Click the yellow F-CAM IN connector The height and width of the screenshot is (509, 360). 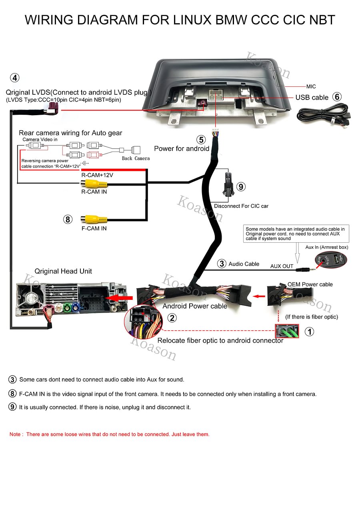tap(94, 219)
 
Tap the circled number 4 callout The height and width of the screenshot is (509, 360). tap(15, 78)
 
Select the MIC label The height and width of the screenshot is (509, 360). tap(311, 87)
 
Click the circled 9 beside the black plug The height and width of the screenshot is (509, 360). tap(241, 187)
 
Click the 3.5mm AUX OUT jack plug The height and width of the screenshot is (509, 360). tap(306, 270)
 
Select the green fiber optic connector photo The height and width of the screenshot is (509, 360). tap(287, 331)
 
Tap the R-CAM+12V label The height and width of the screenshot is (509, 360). tap(97, 175)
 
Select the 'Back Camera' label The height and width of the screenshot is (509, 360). tap(136, 158)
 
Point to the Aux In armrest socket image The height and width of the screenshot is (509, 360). tap(331, 260)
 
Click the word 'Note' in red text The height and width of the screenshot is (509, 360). tap(15, 434)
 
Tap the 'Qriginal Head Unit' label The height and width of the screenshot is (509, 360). tap(63, 271)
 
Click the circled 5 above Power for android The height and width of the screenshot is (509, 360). tap(201, 140)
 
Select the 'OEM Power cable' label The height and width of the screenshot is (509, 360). tap(310, 284)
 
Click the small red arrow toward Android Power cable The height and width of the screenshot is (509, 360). tap(259, 296)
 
